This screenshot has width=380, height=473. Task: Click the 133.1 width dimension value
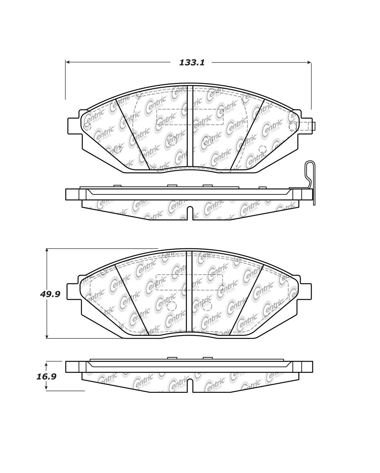pos(192,63)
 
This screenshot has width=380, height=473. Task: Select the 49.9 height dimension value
pos(50,294)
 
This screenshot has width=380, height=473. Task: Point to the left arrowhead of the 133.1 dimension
pos(68,63)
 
